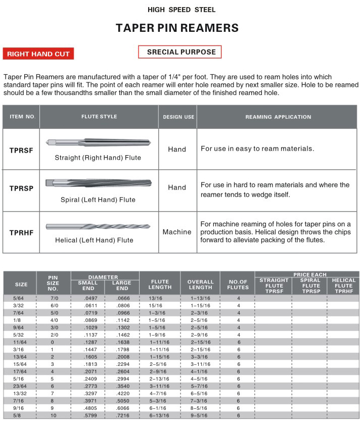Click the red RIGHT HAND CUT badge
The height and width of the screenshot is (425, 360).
pyautogui.click(x=38, y=54)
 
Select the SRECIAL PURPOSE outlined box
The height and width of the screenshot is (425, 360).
pyautogui.click(x=180, y=52)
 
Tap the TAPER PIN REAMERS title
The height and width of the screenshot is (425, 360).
pyautogui.click(x=177, y=28)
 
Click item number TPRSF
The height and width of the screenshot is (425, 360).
pyautogui.click(x=21, y=150)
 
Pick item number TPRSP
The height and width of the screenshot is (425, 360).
pyautogui.click(x=21, y=188)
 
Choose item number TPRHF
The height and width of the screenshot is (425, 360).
pyautogui.click(x=21, y=232)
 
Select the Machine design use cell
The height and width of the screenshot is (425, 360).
pyautogui.click(x=177, y=232)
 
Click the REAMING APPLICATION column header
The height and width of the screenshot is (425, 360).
pyautogui.click(x=278, y=117)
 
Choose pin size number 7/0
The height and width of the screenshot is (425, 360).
pyautogui.click(x=53, y=298)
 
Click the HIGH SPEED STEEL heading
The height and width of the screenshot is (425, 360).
pyautogui.click(x=182, y=10)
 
